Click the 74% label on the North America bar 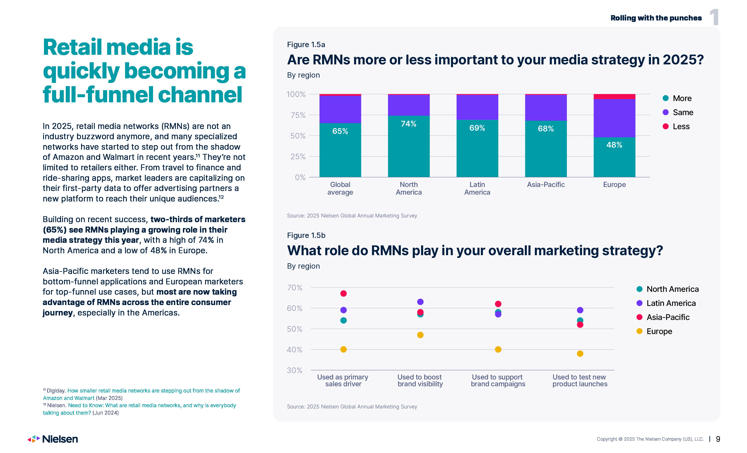(408, 124)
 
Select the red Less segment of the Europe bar (614, 97)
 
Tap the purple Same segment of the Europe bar (614, 118)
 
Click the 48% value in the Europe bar (614, 145)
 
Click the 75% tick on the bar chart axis (298, 115)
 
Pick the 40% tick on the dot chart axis (294, 350)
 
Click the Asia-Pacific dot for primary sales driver (343, 293)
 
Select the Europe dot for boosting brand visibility (420, 335)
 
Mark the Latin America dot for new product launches (580, 310)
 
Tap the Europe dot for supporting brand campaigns (498, 349)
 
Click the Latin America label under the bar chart (477, 188)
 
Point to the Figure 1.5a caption (306, 45)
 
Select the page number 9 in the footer (718, 439)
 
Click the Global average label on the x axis (340, 188)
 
